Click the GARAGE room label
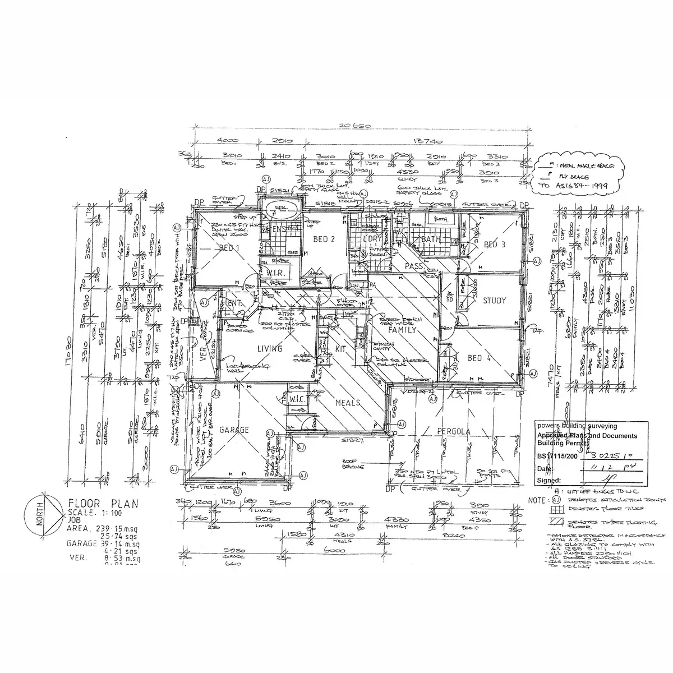[233, 430]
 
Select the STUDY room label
[494, 301]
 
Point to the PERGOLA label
[454, 431]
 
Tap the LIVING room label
[269, 349]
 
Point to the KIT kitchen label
[340, 348]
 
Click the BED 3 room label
[494, 245]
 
